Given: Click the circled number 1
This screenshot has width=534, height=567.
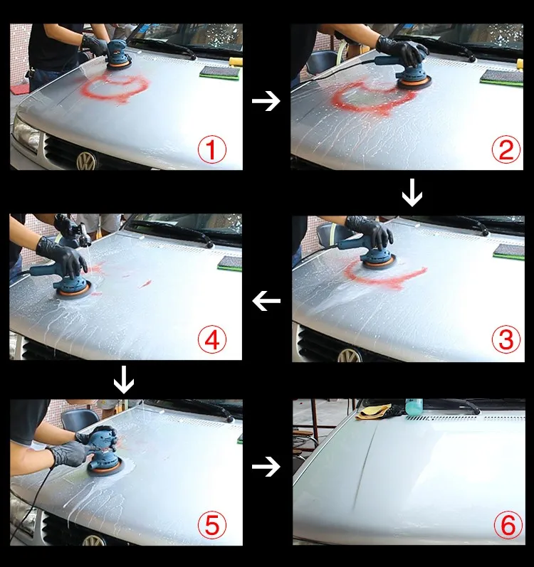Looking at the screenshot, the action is coord(212,149).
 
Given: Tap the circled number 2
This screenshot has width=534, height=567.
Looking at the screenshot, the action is coord(506,149).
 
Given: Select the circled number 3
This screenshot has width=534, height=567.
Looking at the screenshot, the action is coord(506,339).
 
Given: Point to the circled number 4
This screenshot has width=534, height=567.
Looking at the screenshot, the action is coord(212,340).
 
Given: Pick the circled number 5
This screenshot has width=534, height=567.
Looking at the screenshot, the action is coord(212,525).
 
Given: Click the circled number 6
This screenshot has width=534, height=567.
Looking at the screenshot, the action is coord(508,525).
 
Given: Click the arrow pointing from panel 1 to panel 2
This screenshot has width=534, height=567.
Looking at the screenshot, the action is coord(266,100).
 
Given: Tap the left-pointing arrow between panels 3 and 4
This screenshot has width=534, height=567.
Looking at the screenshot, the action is coord(266,300).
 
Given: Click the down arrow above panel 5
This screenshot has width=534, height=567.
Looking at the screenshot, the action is coord(124,380).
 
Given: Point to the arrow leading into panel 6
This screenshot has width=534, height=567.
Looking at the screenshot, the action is coord(266,467).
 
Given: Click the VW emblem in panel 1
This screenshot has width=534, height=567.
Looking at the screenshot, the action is coord(86,161).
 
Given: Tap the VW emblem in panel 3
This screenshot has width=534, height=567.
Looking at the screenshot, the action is coord(349,356).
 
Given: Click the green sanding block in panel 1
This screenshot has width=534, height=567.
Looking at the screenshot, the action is coord(219,73).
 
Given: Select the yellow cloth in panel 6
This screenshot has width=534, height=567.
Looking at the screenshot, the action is coord(372,411).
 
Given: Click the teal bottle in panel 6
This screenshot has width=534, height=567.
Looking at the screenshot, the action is coord(414,407).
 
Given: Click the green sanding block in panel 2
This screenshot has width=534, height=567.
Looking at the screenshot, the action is coord(501,78).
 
